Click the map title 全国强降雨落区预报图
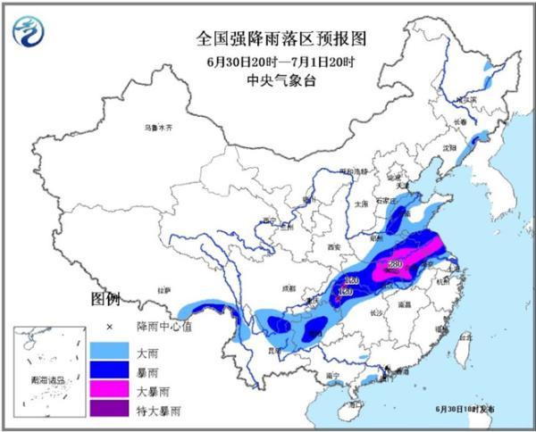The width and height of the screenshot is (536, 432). click(267, 39)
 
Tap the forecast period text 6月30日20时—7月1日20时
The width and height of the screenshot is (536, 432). click(267, 61)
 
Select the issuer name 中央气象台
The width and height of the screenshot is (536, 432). click(267, 80)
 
